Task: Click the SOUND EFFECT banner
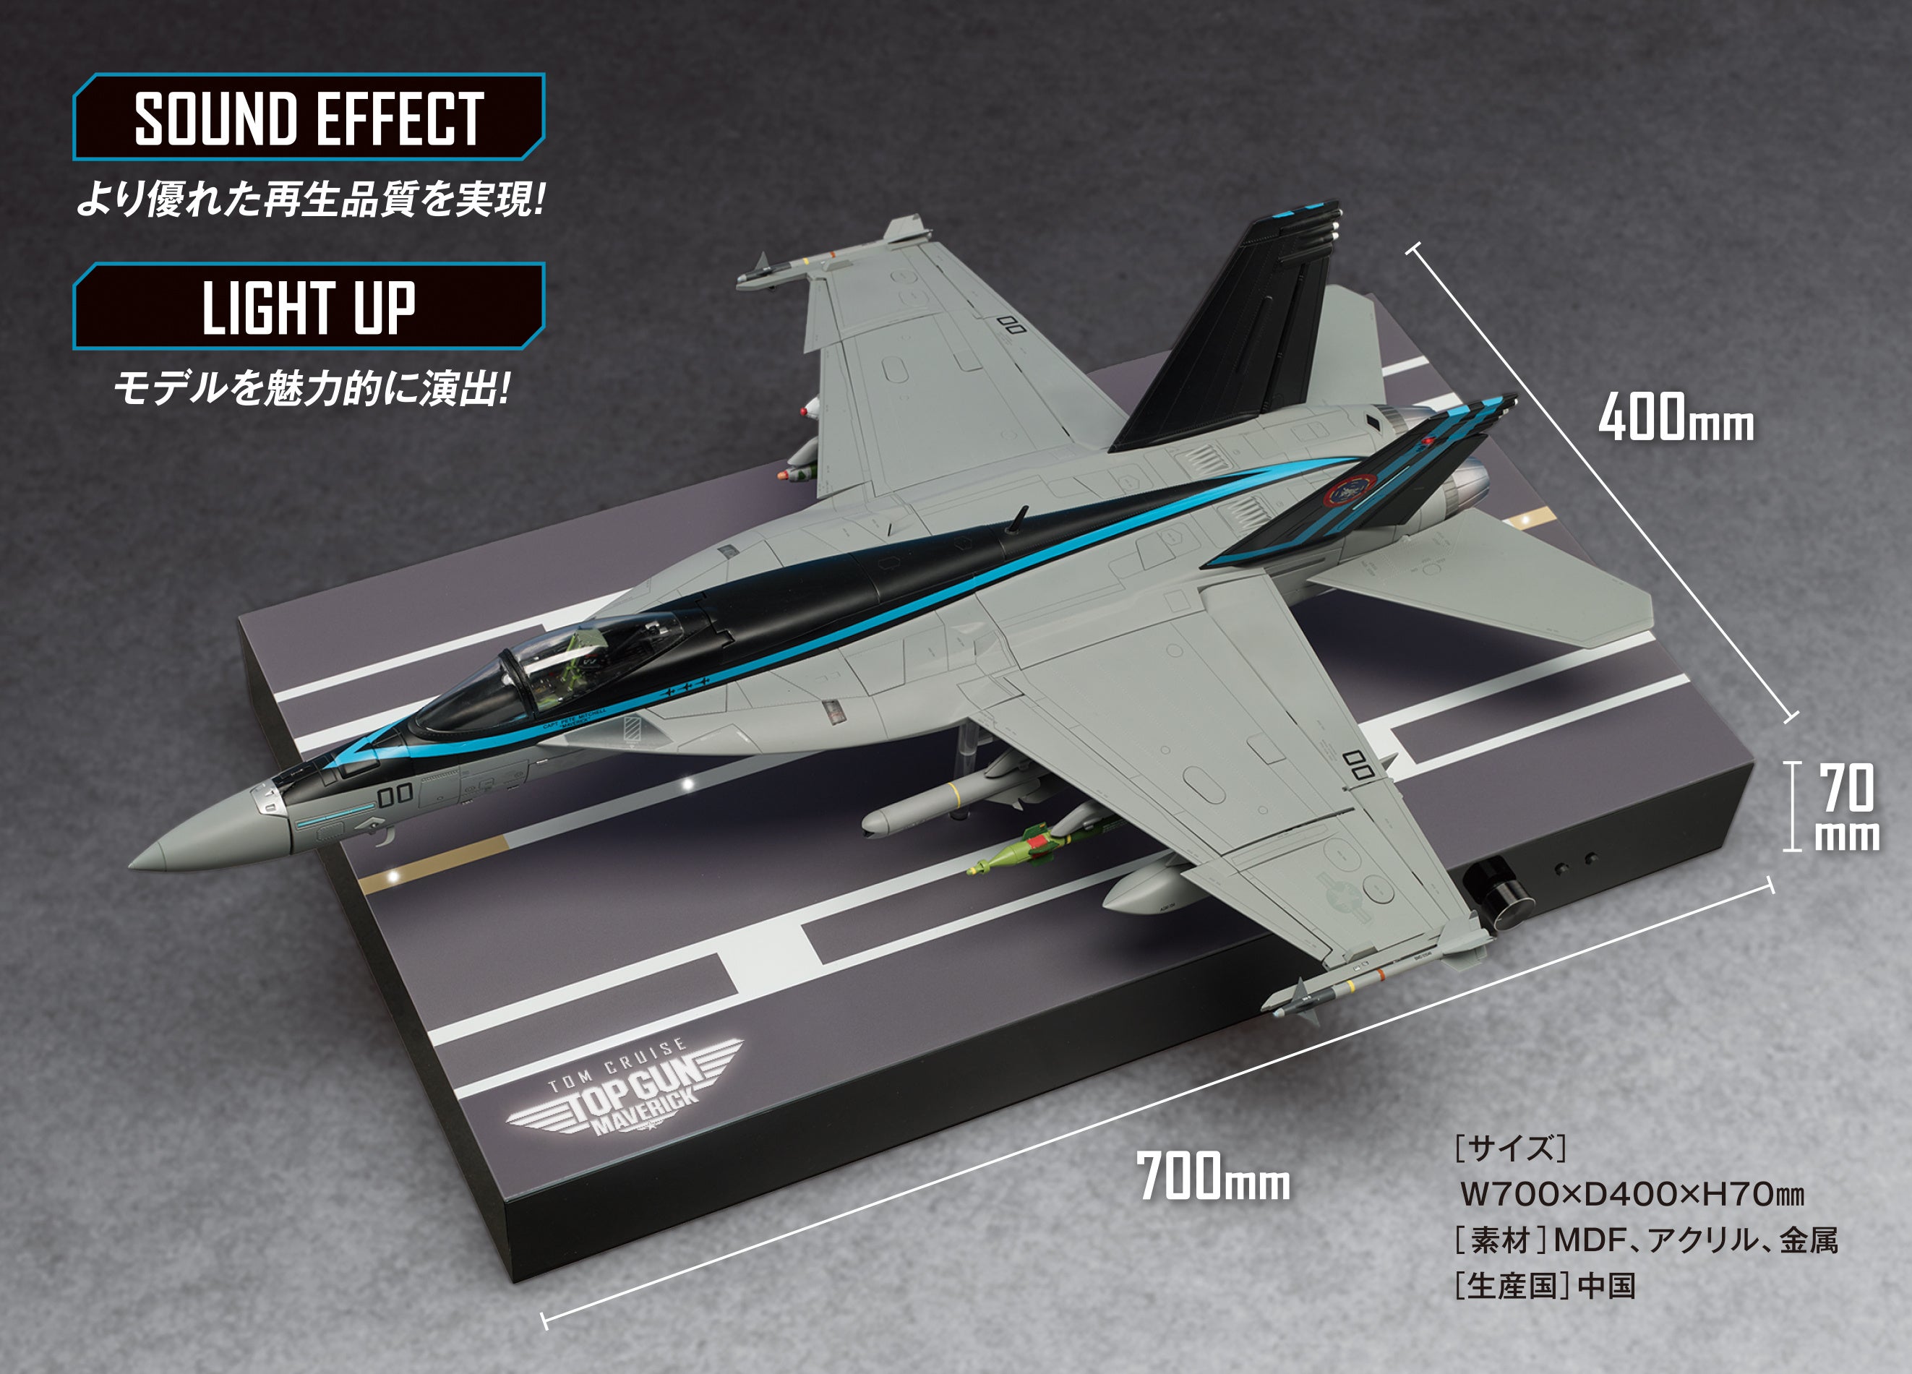(x=309, y=117)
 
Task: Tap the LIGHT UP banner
(x=309, y=306)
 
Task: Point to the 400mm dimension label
(x=1676, y=418)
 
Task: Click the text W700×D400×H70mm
(x=1632, y=1193)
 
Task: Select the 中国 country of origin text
(x=1607, y=1287)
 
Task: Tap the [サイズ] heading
(x=1510, y=1148)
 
